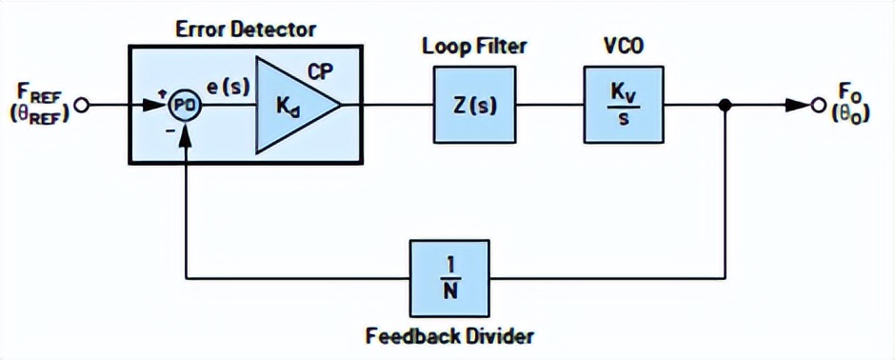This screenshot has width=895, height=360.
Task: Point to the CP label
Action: point(319,70)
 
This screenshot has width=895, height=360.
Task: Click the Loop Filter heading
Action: point(474,46)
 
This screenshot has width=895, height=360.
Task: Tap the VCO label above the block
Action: point(621,46)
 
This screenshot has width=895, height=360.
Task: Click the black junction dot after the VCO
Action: point(726,106)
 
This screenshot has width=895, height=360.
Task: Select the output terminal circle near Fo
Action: point(815,106)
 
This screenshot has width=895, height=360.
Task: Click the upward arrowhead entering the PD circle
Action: point(187,130)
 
